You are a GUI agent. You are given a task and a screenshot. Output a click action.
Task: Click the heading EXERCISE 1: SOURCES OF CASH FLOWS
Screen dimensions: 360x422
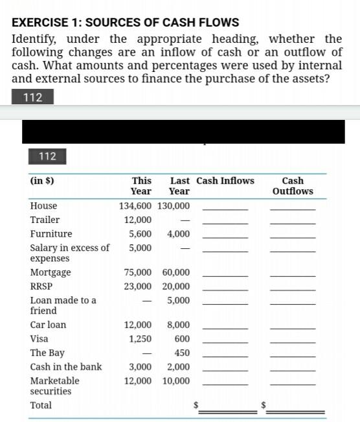click(126, 23)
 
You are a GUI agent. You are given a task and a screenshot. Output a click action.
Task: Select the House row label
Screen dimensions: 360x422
click(44, 205)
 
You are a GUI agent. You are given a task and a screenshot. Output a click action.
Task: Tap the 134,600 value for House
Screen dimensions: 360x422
click(135, 205)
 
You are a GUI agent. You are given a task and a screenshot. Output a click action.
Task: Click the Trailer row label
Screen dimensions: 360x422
click(45, 220)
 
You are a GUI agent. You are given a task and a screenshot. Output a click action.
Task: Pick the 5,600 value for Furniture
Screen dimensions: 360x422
click(141, 234)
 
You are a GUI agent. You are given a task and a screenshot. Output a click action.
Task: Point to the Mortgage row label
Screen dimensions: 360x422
click(51, 272)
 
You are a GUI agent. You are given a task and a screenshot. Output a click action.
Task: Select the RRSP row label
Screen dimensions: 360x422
click(41, 286)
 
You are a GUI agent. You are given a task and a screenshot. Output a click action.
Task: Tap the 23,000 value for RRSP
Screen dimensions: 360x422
click(138, 286)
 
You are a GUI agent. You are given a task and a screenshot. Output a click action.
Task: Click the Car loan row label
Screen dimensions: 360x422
click(48, 325)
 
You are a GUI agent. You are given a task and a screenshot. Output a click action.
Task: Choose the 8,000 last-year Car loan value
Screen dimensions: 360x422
click(179, 325)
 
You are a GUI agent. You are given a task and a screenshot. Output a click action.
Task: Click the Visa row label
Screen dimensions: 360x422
click(39, 338)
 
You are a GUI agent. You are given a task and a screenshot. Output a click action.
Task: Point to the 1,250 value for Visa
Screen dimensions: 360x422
click(141, 338)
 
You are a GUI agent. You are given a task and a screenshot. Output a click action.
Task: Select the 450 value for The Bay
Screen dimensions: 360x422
click(182, 353)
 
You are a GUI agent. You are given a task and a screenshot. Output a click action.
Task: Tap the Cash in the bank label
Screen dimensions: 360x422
click(66, 367)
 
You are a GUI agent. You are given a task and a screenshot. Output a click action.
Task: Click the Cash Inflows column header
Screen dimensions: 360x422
click(225, 181)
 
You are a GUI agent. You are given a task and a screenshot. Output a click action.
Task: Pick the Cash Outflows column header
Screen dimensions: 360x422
click(293, 185)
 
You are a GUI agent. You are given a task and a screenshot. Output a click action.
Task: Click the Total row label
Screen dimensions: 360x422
click(41, 405)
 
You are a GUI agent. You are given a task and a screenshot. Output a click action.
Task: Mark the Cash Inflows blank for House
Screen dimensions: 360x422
click(225, 207)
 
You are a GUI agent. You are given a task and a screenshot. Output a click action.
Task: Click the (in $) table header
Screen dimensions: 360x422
click(42, 181)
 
